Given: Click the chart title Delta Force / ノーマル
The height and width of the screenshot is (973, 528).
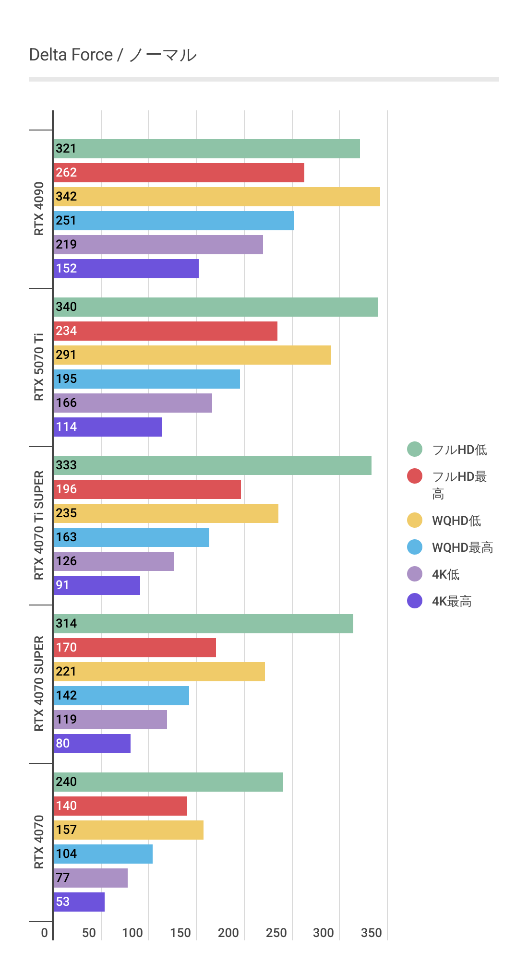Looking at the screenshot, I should coord(113,55).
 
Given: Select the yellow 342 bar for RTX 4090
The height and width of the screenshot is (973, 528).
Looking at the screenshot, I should coord(216,197).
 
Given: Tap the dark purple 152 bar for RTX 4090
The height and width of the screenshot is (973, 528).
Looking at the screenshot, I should coord(126,269).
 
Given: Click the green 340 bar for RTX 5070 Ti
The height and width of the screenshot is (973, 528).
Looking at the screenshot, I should coord(216,307).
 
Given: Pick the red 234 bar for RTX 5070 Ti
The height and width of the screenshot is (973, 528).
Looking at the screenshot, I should coord(165,331).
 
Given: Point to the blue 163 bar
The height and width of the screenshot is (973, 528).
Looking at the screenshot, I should coord(131,537).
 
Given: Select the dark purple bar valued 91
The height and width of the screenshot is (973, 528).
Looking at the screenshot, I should coord(96,585).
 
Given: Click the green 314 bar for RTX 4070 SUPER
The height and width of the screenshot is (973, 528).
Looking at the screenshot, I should coord(203,624).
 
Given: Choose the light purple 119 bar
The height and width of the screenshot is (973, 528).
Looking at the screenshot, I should coord(110,720).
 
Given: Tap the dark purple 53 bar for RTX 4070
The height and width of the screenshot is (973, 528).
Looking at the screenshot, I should coord(79,902).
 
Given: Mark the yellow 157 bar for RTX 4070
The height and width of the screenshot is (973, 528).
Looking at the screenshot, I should coord(128,830).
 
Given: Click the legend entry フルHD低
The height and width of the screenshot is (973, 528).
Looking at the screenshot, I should coord(459,450).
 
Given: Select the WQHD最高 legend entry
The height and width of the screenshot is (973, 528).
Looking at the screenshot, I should coord(462,547).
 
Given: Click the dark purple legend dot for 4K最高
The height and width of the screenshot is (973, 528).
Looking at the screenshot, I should coord(415,601).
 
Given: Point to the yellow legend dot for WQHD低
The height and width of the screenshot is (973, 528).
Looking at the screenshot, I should coord(415,520).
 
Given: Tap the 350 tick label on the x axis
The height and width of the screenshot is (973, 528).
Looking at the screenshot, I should coord(372,933).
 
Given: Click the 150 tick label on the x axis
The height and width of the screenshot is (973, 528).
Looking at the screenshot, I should coord(180,933).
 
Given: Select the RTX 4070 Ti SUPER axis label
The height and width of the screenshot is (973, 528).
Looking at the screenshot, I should coord(39,525).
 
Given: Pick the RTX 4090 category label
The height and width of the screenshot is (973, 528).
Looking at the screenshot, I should coord(39,209).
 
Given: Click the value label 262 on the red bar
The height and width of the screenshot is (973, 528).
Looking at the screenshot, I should coord(66,173).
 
